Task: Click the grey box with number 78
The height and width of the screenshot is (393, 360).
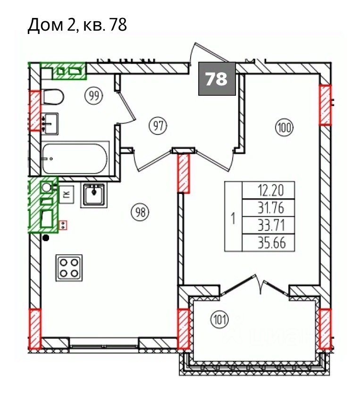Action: (x=217, y=79)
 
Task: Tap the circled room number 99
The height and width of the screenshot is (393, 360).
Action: (x=94, y=95)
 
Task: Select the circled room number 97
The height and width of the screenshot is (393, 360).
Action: (x=158, y=125)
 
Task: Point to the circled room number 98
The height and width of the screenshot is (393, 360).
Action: (x=141, y=212)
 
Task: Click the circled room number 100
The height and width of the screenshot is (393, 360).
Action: (x=285, y=128)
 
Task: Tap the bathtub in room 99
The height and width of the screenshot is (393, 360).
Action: (x=75, y=159)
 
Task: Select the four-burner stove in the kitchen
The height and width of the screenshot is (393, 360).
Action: (x=69, y=268)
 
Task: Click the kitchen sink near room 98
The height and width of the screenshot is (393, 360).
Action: (x=94, y=195)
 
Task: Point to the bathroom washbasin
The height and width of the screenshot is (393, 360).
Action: (x=50, y=124)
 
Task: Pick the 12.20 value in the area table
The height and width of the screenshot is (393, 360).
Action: (x=271, y=191)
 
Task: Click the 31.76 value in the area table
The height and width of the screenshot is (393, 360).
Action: (x=271, y=208)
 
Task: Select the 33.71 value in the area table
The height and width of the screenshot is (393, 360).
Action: (x=271, y=225)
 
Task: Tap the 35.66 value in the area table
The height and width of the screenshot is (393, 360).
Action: (x=271, y=242)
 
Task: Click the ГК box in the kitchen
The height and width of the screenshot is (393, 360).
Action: (x=67, y=194)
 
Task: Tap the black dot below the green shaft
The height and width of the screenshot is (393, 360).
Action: (x=46, y=238)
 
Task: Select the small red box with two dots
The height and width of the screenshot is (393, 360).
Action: (x=63, y=225)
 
